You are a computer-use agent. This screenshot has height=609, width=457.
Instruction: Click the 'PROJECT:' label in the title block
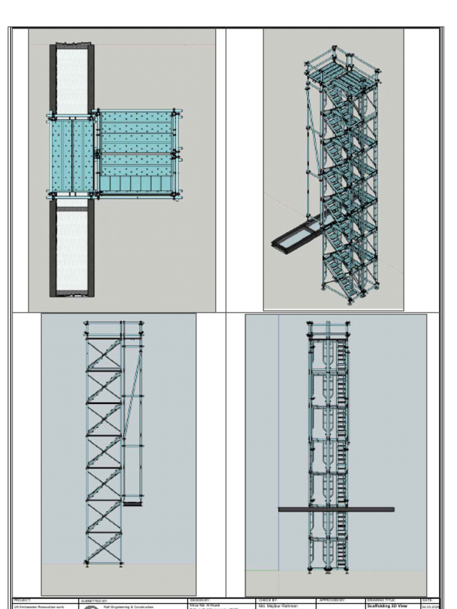pos(22,601)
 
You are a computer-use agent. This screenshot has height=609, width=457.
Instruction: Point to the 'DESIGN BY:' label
pos(201,601)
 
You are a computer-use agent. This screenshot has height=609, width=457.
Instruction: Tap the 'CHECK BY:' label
pos(267,601)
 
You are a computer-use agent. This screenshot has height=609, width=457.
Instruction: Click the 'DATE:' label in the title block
pos(427,601)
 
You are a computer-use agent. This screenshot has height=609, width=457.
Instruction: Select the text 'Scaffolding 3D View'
pos(387,606)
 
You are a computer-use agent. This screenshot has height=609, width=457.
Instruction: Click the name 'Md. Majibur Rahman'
pos(278,606)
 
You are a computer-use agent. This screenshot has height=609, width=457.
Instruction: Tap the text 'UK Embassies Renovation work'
pos(38,607)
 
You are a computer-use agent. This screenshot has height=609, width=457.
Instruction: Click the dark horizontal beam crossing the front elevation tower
pos(336,509)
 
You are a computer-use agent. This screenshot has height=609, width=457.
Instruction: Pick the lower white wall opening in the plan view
pos(71,250)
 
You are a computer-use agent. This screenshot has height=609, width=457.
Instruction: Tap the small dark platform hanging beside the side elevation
pos(132,503)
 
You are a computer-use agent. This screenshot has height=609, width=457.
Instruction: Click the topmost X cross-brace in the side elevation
pos(104,354)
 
